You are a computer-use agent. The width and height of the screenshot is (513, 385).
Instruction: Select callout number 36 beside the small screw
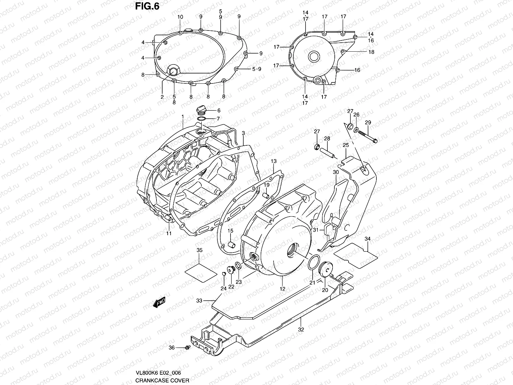[x=172, y=347]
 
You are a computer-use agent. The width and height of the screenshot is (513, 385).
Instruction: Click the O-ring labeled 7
[x=201, y=119]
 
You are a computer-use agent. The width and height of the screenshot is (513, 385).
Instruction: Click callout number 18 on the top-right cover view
[x=371, y=52]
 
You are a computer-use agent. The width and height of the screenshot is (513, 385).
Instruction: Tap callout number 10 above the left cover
[x=180, y=17]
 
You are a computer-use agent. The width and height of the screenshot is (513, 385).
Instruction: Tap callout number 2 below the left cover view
[x=162, y=96]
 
